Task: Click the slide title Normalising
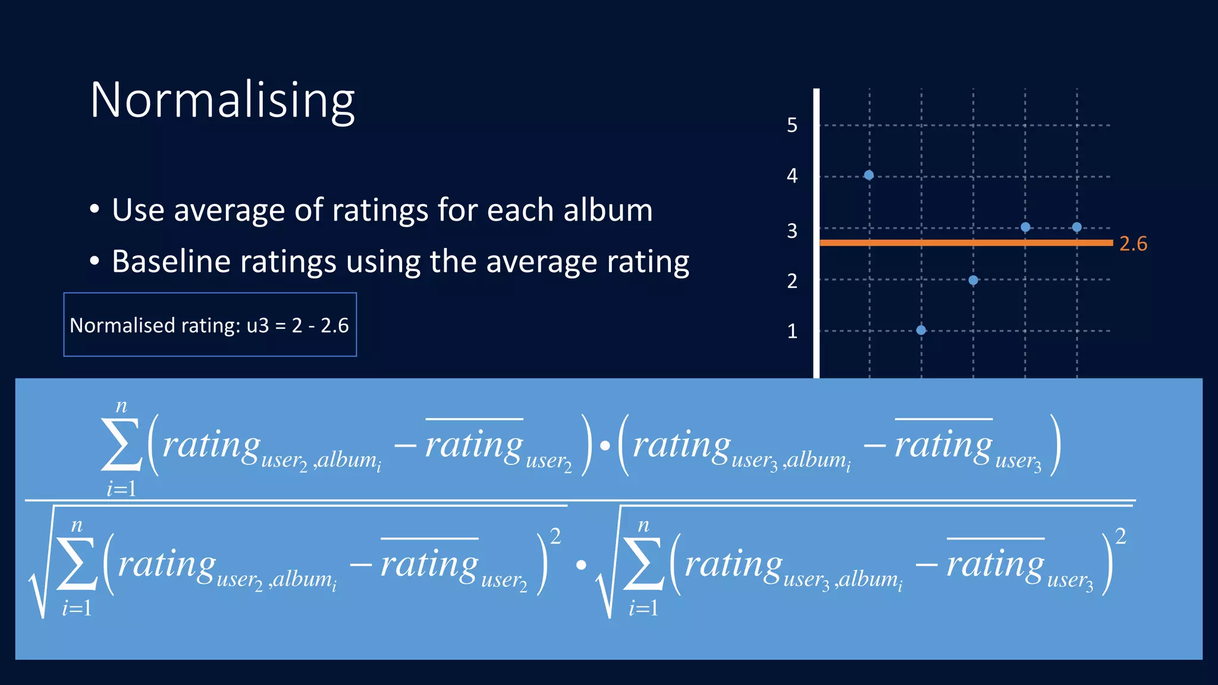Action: pyautogui.click(x=222, y=100)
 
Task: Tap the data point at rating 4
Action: pyautogui.click(x=869, y=175)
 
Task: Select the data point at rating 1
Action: pyautogui.click(x=921, y=330)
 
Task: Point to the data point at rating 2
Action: pyautogui.click(x=973, y=280)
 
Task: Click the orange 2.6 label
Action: pyautogui.click(x=1133, y=244)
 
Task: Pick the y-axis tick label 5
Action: pyautogui.click(x=792, y=125)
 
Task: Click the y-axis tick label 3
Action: pyautogui.click(x=792, y=231)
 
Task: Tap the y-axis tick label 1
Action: pyautogui.click(x=792, y=331)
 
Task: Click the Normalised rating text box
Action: pyautogui.click(x=210, y=325)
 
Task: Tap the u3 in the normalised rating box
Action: pyautogui.click(x=258, y=326)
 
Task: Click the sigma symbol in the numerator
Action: pyautogui.click(x=121, y=445)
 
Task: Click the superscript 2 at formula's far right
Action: pyautogui.click(x=1120, y=536)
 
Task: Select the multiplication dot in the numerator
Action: pyautogui.click(x=605, y=445)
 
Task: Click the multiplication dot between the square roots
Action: pyautogui.click(x=580, y=565)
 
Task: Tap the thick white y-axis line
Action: pyautogui.click(x=817, y=238)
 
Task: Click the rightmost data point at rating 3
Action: pyautogui.click(x=1076, y=227)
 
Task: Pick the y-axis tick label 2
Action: pyautogui.click(x=792, y=281)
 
